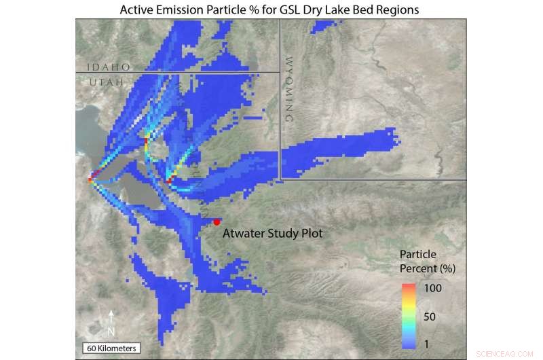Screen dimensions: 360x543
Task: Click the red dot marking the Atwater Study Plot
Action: point(217,221)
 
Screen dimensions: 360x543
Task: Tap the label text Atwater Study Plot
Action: point(272,233)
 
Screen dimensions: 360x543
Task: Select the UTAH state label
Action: point(107,82)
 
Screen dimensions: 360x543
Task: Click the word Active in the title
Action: point(138,10)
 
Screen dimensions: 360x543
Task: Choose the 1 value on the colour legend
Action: point(426,344)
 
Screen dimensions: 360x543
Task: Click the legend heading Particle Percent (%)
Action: point(426,262)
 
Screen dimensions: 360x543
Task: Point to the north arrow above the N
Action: point(112,317)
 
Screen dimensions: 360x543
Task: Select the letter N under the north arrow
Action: point(112,331)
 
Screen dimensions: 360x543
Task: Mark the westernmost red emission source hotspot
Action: point(91,180)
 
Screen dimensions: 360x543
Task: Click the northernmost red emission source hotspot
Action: point(146,140)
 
